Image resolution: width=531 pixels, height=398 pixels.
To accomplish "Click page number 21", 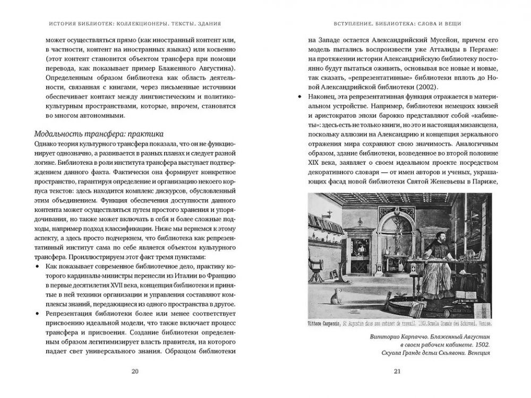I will pos(397,371).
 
